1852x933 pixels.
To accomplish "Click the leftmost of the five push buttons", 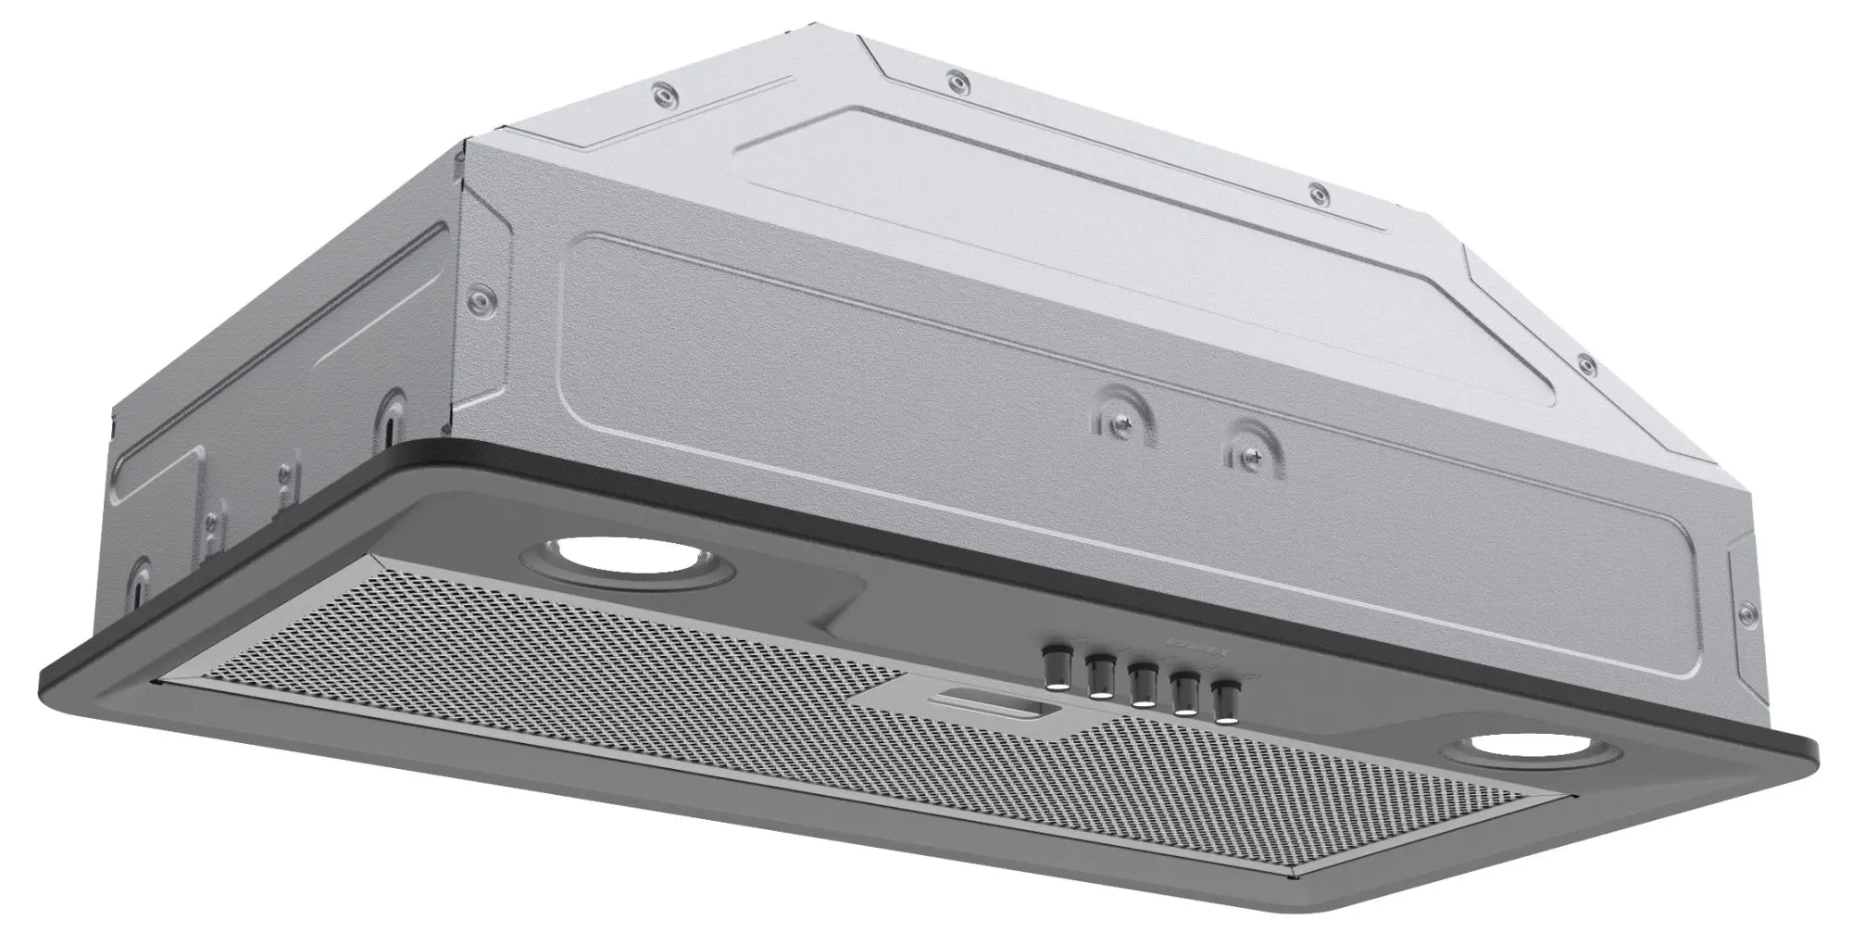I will click(1057, 670).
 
